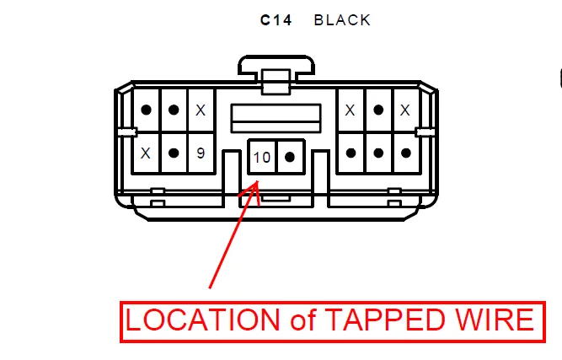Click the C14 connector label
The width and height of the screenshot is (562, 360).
(x=276, y=20)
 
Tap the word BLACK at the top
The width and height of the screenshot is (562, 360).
(x=342, y=20)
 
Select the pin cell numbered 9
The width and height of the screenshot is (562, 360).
(x=201, y=153)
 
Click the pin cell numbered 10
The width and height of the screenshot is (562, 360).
(x=261, y=157)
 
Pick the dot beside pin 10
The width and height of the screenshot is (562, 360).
(x=290, y=157)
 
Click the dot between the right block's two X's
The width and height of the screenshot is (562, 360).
(x=378, y=110)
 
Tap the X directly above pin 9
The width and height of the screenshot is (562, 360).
(x=201, y=110)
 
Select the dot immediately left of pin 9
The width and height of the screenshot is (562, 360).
(x=174, y=153)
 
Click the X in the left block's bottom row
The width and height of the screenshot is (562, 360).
(x=146, y=153)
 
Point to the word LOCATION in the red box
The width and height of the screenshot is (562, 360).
(x=201, y=320)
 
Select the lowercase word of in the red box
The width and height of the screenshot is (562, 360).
(x=298, y=320)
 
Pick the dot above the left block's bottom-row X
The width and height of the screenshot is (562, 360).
(x=146, y=110)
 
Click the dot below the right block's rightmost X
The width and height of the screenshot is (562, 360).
(x=405, y=153)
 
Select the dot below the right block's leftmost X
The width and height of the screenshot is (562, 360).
(x=351, y=153)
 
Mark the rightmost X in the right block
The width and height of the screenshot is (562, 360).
(x=405, y=110)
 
